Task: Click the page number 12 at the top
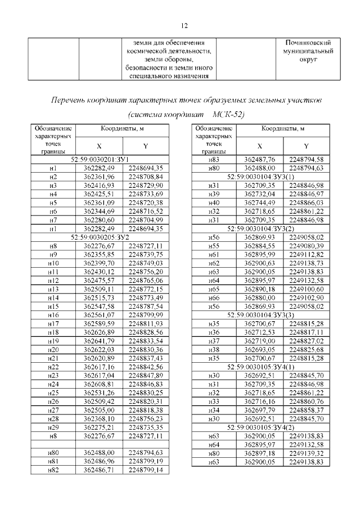(x=183, y=25)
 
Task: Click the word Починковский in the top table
(x=308, y=42)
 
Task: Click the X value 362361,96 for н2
(x=98, y=176)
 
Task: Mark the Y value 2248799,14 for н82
(x=145, y=468)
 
